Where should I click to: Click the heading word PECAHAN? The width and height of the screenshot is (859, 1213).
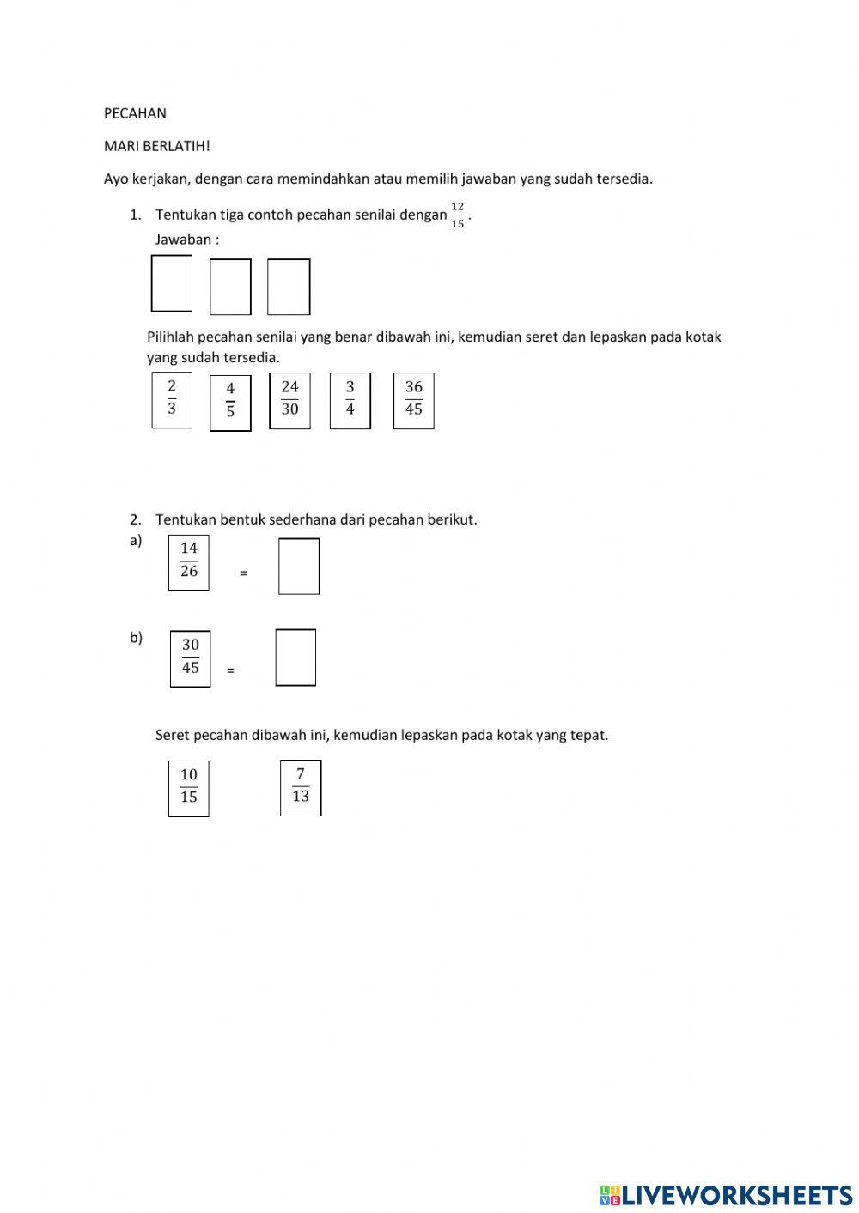click(x=135, y=113)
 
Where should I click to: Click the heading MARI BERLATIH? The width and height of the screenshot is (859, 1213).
click(x=156, y=146)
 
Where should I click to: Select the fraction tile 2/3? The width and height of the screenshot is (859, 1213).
click(x=172, y=398)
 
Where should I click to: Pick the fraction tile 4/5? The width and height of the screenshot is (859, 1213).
click(x=230, y=402)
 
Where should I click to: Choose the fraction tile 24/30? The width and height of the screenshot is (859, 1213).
click(x=289, y=399)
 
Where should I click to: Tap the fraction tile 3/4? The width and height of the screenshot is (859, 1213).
click(x=350, y=399)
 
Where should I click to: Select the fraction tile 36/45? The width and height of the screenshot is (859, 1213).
click(x=413, y=399)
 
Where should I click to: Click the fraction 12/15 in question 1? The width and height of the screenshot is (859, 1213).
click(x=458, y=215)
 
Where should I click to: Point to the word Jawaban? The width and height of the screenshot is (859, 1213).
click(x=183, y=240)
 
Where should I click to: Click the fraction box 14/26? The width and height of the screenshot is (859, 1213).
click(x=189, y=561)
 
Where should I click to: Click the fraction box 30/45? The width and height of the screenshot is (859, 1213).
click(x=190, y=658)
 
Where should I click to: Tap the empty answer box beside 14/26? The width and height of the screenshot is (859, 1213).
click(x=299, y=566)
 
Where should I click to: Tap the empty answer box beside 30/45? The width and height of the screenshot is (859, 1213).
click(x=295, y=658)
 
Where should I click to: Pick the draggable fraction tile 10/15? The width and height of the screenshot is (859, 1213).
click(x=189, y=787)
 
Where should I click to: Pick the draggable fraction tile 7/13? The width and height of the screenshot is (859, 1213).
click(x=301, y=787)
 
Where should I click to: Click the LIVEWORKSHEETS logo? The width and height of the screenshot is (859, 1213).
click(x=726, y=1194)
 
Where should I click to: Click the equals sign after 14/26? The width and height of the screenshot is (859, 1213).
click(x=243, y=573)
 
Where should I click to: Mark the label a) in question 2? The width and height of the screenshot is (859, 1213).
click(x=136, y=541)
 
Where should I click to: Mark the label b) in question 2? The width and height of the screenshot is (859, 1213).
click(x=136, y=638)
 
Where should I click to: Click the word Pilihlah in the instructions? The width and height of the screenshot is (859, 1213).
click(x=170, y=337)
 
